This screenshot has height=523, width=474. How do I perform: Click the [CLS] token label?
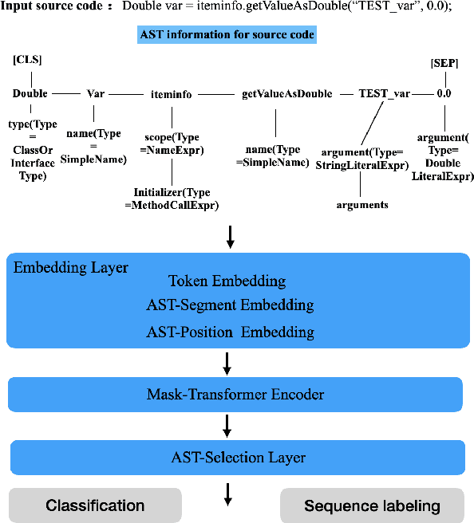[x=27, y=61]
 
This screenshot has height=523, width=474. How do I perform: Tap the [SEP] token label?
[x=443, y=62]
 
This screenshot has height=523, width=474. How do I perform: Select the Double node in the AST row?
[x=30, y=93]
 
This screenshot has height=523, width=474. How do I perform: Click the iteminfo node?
[x=171, y=93]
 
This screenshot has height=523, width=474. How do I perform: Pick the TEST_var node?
[x=384, y=93]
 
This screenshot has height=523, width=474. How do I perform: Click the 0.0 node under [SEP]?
[x=443, y=93]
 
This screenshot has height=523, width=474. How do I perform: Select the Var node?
[x=96, y=93]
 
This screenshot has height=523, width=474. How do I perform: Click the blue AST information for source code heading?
[x=227, y=35]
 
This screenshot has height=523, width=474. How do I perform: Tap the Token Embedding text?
[x=227, y=281]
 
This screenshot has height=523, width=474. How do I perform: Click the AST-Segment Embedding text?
[x=230, y=305]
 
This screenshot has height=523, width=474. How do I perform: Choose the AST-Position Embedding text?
[x=230, y=332]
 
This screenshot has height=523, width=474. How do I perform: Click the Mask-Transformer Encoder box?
[x=235, y=394]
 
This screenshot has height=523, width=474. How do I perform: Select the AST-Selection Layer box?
[x=237, y=458]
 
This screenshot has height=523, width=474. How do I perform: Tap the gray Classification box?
[x=95, y=505]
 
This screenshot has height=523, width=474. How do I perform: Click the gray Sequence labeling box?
[x=372, y=505]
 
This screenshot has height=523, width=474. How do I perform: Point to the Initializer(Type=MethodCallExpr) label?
[x=176, y=199]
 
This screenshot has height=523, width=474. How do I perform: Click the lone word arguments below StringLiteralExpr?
[x=361, y=204]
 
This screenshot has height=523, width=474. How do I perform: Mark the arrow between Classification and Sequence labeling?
[x=228, y=497]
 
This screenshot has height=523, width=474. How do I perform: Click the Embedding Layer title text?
[x=71, y=268]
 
